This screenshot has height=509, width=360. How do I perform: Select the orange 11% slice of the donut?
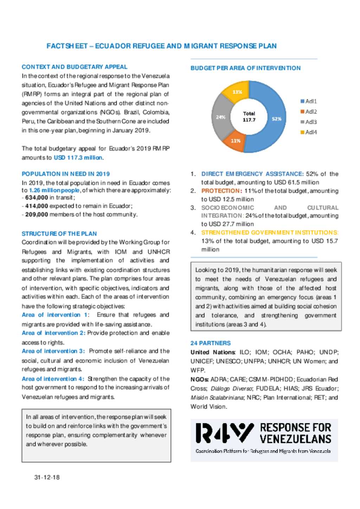point(235,141)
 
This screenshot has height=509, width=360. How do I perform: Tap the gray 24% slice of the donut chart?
point(220,117)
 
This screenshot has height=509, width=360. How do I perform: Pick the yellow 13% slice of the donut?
point(237,92)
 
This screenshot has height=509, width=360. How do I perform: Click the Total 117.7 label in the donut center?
point(249,117)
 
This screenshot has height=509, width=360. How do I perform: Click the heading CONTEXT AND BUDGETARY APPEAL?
point(75,67)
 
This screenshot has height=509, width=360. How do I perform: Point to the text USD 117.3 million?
point(78,158)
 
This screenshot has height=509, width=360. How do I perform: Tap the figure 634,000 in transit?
point(37,197)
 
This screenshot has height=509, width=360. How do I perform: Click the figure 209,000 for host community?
point(37,214)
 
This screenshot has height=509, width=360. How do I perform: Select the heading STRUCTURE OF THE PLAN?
point(59,234)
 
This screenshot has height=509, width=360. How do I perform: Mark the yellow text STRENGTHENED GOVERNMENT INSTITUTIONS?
point(270,233)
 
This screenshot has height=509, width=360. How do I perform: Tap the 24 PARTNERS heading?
point(211,343)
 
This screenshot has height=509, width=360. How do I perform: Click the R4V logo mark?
point(224,433)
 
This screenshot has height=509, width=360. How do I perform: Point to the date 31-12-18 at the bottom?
point(47,477)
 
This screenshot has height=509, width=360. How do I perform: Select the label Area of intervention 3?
point(53,351)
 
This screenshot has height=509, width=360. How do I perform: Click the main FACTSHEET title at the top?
point(161,46)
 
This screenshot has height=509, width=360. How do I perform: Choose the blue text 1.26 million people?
point(54,190)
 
